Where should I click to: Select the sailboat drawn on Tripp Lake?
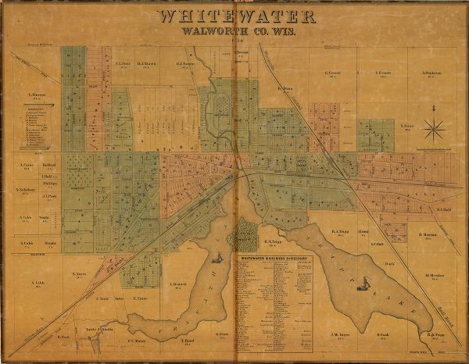coord(362,287)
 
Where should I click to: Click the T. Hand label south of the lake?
coord(188,341)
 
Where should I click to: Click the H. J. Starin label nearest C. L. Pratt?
coord(146,63)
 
